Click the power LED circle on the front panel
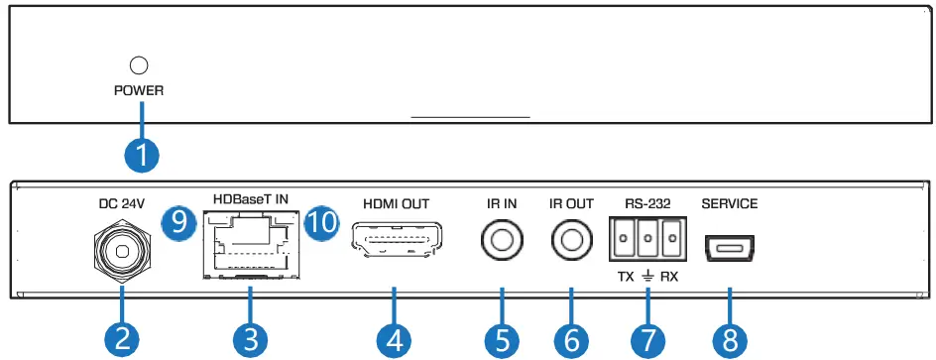tap(140, 66)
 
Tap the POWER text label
tap(139, 90)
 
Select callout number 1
tap(142, 155)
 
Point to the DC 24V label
tap(122, 203)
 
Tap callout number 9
tap(178, 221)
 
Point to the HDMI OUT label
tap(396, 204)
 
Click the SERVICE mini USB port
tap(730, 248)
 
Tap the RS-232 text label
tap(648, 204)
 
